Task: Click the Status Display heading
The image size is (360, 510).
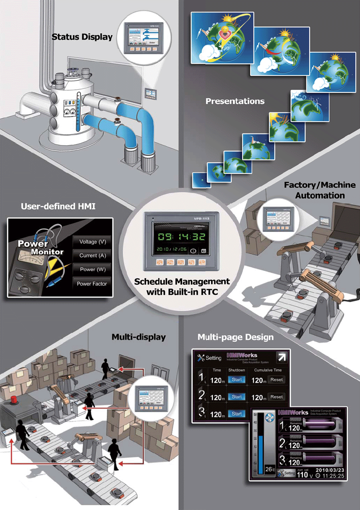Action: pyautogui.click(x=82, y=37)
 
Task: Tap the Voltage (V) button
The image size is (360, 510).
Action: pyautogui.click(x=92, y=242)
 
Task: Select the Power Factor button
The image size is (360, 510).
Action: pyautogui.click(x=92, y=284)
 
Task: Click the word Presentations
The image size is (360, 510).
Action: pyautogui.click(x=235, y=101)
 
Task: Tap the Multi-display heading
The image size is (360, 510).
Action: pyautogui.click(x=138, y=337)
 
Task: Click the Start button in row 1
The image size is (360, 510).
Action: pyautogui.click(x=237, y=380)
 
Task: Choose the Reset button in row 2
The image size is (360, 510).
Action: pyautogui.click(x=276, y=397)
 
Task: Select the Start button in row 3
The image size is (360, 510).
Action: pyautogui.click(x=237, y=414)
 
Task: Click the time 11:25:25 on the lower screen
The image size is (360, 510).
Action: pyautogui.click(x=332, y=476)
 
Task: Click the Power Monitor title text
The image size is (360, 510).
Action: pyautogui.click(x=41, y=247)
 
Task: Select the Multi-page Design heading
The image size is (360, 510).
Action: pyautogui.click(x=236, y=337)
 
